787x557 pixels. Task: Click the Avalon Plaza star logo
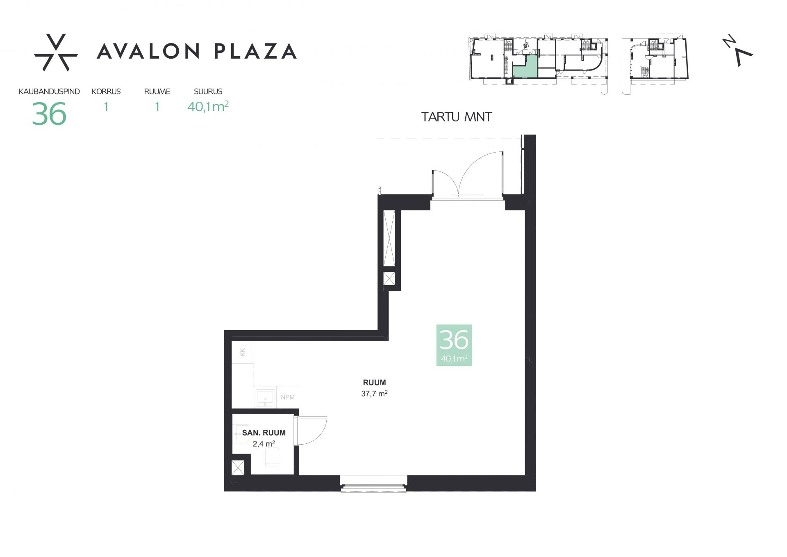click(56, 53)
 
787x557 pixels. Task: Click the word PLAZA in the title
click(255, 51)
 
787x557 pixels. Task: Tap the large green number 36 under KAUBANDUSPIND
click(49, 114)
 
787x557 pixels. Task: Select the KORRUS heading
click(106, 91)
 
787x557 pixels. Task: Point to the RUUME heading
click(157, 91)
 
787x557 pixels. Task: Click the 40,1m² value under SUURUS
click(208, 106)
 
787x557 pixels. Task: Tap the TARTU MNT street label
click(456, 117)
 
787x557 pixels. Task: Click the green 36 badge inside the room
click(454, 345)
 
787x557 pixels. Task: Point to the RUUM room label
click(374, 383)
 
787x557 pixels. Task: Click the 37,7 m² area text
click(374, 393)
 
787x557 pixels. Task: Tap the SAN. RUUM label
click(264, 433)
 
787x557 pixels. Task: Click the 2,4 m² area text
click(264, 443)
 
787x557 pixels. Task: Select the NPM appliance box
click(288, 397)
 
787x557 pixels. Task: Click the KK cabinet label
click(242, 352)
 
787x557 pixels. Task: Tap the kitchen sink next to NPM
click(265, 397)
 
